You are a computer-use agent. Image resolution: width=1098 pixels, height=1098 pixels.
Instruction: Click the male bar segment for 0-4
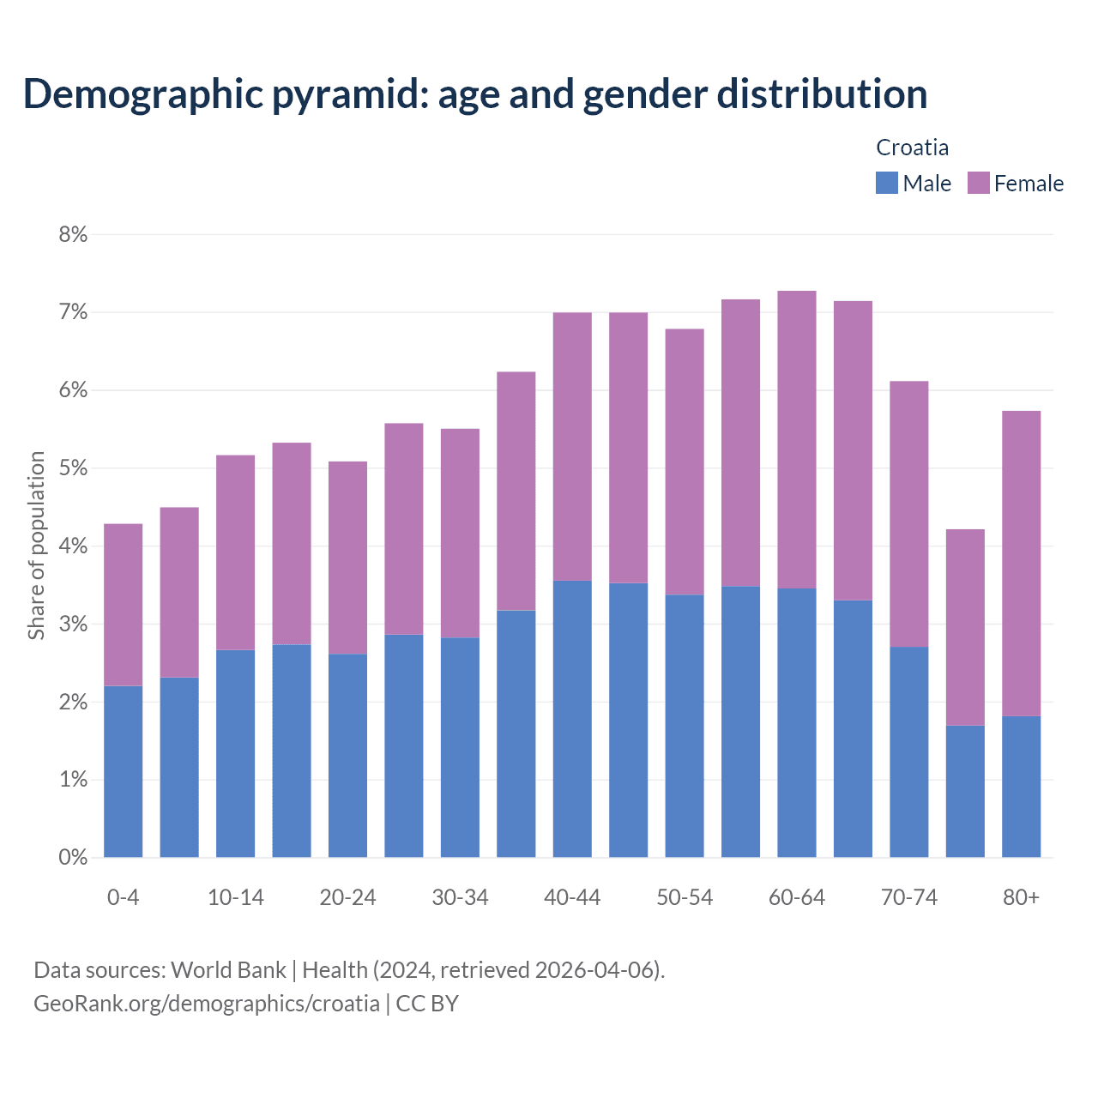pyautogui.click(x=124, y=771)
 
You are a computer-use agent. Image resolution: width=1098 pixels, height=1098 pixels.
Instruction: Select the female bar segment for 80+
pyautogui.click(x=1021, y=564)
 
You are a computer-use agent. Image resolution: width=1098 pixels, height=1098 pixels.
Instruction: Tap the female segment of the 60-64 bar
pyautogui.click(x=797, y=439)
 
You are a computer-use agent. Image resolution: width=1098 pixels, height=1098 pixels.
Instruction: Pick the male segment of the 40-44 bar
pyautogui.click(x=572, y=719)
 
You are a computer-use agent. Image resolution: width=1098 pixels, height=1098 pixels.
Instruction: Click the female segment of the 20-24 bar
pyautogui.click(x=347, y=558)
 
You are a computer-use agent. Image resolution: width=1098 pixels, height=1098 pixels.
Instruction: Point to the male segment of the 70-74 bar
pyautogui.click(x=908, y=751)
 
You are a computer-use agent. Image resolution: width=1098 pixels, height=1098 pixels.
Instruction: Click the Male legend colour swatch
pyautogui.click(x=886, y=183)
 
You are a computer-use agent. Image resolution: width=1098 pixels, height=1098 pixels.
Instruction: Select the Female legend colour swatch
pyautogui.click(x=978, y=183)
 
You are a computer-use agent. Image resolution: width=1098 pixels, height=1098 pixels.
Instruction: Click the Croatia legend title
pyautogui.click(x=912, y=148)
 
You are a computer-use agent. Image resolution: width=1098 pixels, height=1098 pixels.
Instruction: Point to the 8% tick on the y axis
pyautogui.click(x=73, y=234)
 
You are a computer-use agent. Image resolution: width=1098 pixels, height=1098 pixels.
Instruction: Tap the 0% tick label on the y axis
pyautogui.click(x=73, y=857)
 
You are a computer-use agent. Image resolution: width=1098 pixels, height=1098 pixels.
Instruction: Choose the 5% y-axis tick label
pyautogui.click(x=73, y=468)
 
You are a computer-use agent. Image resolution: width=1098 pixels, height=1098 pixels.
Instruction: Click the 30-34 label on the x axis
pyautogui.click(x=460, y=897)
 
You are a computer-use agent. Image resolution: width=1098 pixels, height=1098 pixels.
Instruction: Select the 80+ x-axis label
pyautogui.click(x=1021, y=897)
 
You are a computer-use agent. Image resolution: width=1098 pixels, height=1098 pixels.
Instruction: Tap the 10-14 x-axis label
pyautogui.click(x=236, y=897)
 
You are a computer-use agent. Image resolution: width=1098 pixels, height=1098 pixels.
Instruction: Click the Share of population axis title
pyautogui.click(x=36, y=546)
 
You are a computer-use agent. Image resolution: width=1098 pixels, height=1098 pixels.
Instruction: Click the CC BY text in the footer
pyautogui.click(x=427, y=1004)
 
